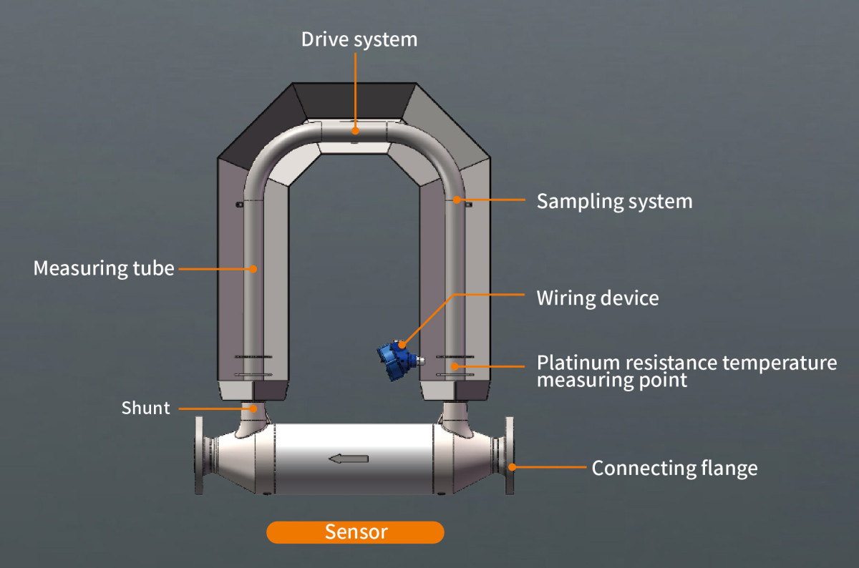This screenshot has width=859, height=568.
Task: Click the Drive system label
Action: [359, 39]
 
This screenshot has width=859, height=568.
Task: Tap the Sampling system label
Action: [614, 201]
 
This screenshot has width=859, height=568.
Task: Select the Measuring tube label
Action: [104, 269]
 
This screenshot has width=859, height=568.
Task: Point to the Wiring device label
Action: [597, 298]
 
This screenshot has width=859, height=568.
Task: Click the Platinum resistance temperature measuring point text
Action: [686, 371]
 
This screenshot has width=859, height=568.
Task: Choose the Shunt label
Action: [146, 408]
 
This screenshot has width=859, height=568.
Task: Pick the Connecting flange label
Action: [674, 469]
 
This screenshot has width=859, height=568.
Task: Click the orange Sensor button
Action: [355, 532]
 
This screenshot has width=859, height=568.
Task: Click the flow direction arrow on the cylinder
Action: [349, 459]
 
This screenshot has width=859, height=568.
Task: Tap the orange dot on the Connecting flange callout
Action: [513, 468]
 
